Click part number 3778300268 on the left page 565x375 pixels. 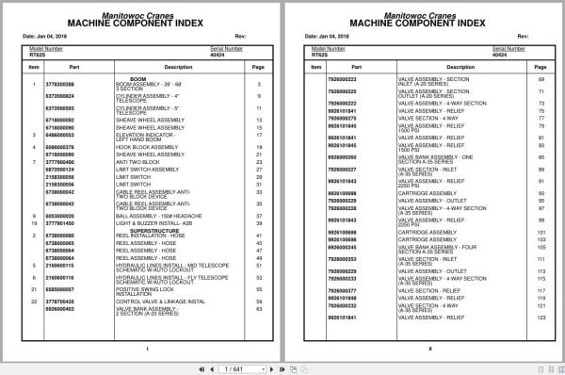58,85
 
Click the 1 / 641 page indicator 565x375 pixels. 282,364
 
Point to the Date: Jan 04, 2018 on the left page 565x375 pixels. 51,37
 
